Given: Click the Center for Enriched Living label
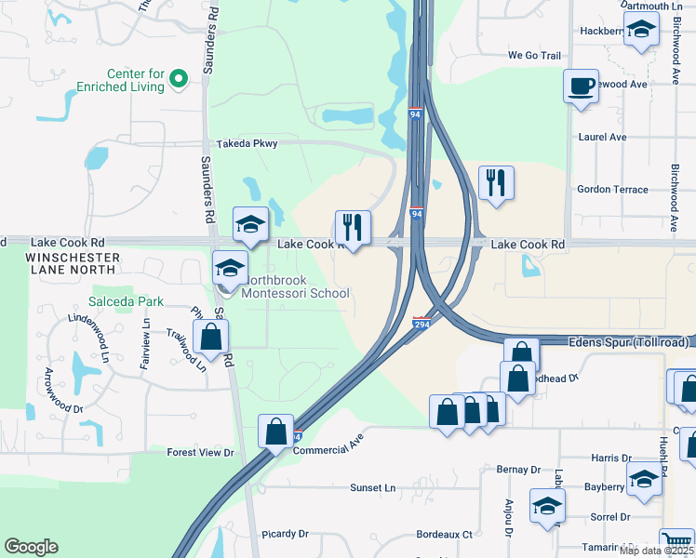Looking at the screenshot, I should tap(136, 80).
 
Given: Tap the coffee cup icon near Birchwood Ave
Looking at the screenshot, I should tap(581, 87).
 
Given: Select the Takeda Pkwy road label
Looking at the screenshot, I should tap(247, 144).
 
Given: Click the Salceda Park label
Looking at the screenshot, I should tap(126, 301).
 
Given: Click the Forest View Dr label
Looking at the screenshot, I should tap(199, 453).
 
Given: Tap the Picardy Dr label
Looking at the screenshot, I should tap(285, 534).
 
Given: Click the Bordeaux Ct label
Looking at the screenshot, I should tap(444, 535).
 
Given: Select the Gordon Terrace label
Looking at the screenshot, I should tap(612, 189).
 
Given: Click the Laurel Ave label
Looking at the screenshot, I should tap(602, 137).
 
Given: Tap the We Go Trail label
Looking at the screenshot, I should tap(534, 56).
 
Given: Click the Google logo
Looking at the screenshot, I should tap(31, 547).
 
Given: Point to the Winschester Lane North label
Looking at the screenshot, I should tap(73, 263).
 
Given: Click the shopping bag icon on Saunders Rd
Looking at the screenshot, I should tap(211, 338).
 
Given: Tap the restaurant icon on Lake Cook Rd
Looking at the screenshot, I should tap(353, 227).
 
